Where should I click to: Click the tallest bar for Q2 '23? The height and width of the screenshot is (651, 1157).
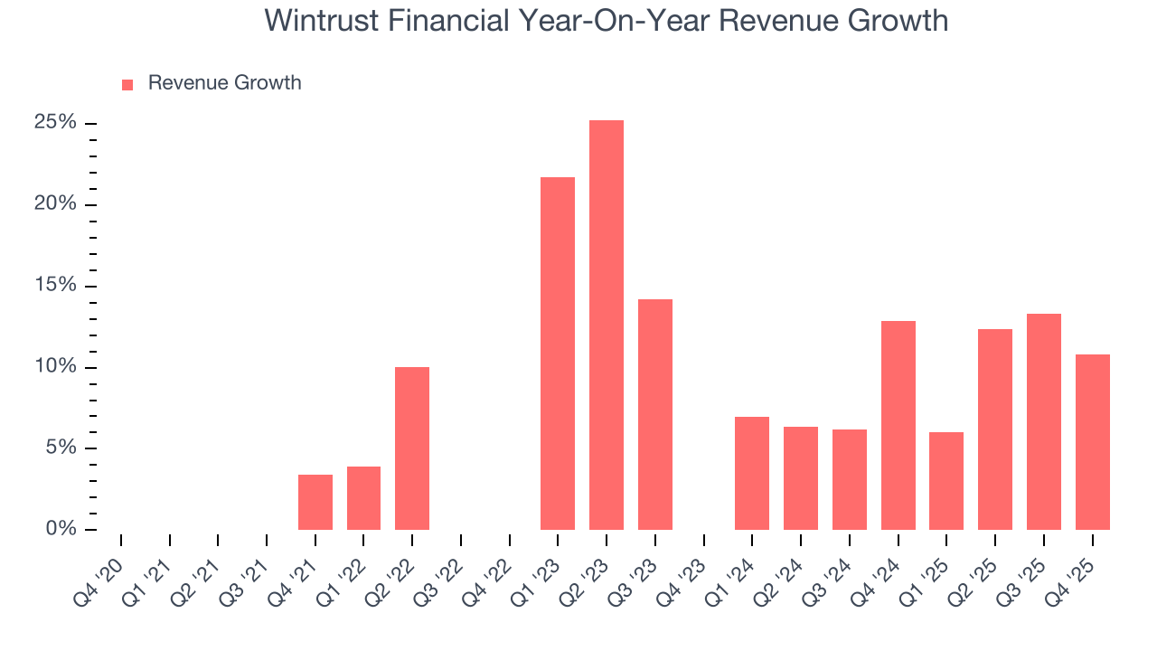606,325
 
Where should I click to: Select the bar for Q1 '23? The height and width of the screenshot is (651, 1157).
557,354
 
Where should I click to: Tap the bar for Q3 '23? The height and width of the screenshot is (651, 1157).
654,414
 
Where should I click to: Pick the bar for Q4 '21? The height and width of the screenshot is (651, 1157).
315,503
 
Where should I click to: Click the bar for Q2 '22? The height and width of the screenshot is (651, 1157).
411,448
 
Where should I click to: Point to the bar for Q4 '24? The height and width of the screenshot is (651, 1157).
898,425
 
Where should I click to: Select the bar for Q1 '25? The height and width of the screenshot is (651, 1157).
945,481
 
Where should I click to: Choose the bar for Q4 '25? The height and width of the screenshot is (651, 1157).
1092,442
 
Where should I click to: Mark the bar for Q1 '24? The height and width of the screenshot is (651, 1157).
751,474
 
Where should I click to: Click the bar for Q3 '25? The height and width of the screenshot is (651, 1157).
1043,421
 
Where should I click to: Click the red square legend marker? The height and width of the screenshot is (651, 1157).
127,85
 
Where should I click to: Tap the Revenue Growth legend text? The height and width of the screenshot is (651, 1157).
224,83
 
